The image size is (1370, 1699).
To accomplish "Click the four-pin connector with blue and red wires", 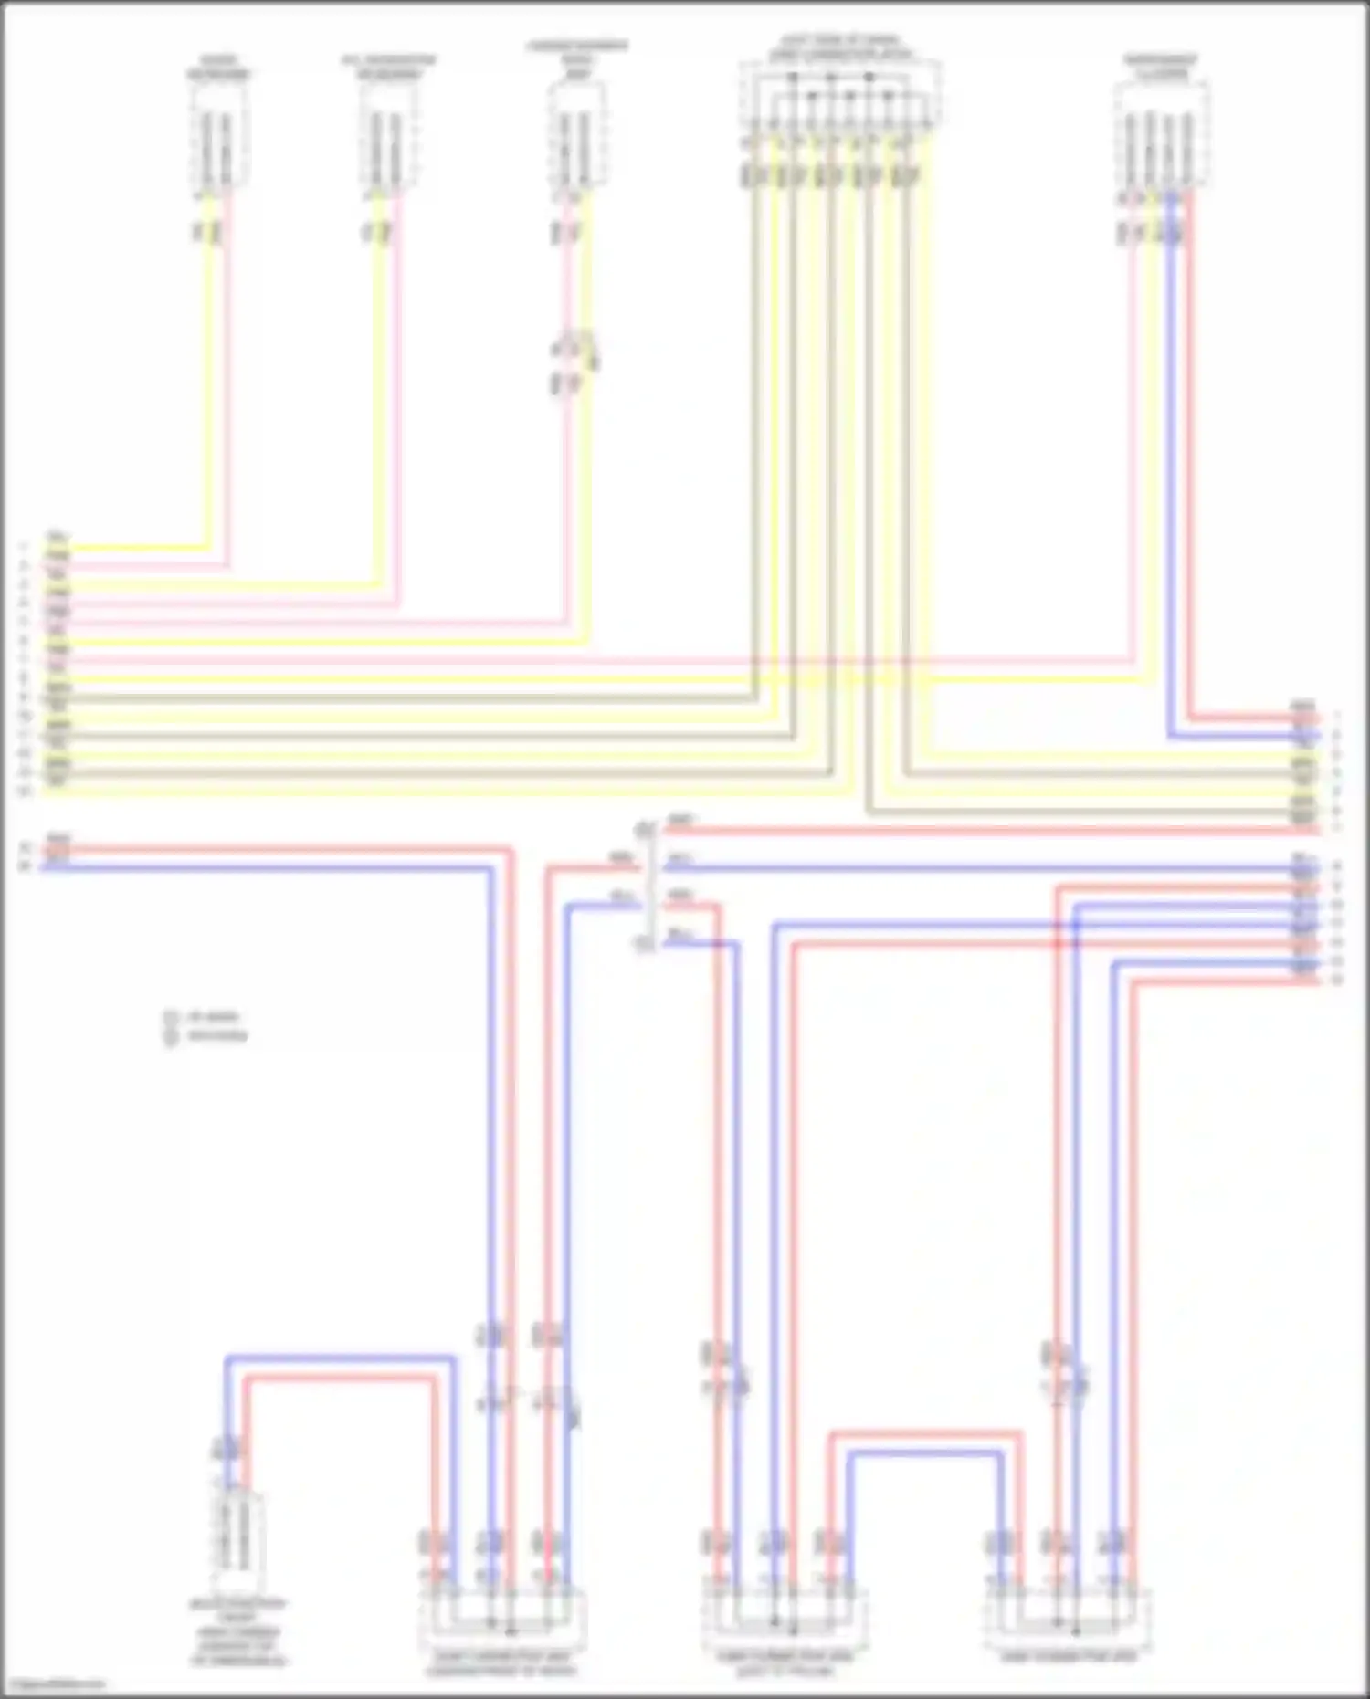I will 1160,137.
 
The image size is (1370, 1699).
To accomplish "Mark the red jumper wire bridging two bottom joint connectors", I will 924,1434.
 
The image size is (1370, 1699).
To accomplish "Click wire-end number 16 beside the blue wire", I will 26,866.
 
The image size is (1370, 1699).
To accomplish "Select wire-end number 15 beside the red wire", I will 26,848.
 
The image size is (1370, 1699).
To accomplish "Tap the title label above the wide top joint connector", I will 838,47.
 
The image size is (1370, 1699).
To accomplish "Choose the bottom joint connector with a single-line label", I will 1067,1620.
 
